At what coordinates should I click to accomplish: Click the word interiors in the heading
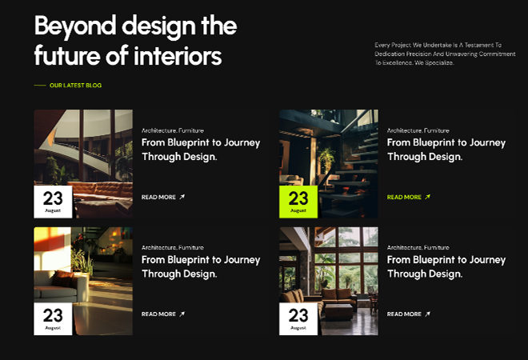178,55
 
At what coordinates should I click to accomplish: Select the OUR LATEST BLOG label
75,86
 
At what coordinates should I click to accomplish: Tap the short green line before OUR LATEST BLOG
40,86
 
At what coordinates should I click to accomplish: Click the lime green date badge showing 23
298,202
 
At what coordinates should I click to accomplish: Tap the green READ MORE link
404,197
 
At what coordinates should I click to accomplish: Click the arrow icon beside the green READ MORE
427,197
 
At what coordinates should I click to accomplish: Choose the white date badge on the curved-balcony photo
53,202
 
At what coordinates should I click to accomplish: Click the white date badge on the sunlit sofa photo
53,318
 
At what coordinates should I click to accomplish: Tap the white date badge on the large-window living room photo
298,318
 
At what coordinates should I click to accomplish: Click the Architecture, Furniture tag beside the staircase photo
418,130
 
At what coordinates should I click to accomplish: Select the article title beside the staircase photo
446,149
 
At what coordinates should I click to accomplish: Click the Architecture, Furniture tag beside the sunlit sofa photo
173,247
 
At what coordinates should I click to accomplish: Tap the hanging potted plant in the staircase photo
326,158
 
